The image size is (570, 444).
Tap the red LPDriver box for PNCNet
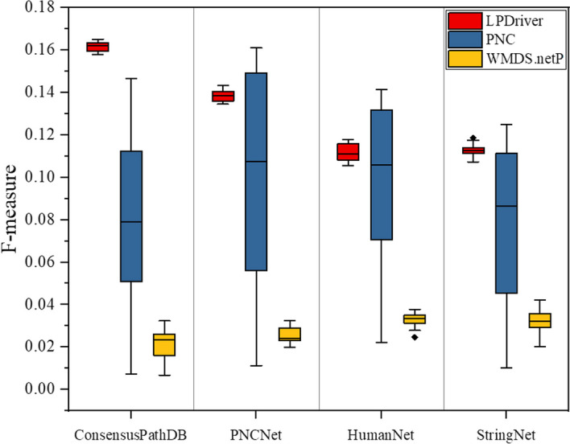(x=222, y=97)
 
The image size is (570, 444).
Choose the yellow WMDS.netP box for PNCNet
(x=289, y=334)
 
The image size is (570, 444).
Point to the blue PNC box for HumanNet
(x=380, y=175)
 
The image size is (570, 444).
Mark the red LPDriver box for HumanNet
(x=347, y=151)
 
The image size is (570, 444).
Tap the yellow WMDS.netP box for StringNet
(x=539, y=320)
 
